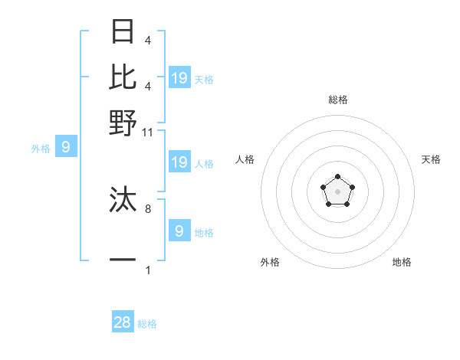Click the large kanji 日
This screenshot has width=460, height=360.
coord(123,33)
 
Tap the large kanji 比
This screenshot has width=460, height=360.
coord(123,77)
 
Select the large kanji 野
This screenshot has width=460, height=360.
coord(123,122)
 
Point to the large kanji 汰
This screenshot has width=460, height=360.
coord(123,200)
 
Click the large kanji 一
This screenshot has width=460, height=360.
coord(123,260)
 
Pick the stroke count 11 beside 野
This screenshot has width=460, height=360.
coord(148,132)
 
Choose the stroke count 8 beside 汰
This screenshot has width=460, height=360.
coord(148,208)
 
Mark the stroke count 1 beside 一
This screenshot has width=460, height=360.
coord(148,269)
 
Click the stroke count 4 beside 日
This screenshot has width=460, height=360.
coord(148,40)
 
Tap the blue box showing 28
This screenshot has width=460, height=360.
coord(123,322)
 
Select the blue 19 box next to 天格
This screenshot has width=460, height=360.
coord(179,77)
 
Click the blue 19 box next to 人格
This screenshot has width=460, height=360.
coord(179,162)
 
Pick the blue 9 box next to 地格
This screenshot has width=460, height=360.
coord(179,231)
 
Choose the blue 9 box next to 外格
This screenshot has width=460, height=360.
coord(65,146)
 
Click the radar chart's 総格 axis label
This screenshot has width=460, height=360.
coord(338,100)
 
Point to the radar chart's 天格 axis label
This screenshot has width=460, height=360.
coord(431,159)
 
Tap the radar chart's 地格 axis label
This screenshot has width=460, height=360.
coord(402,262)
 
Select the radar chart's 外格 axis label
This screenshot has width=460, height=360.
coord(270,262)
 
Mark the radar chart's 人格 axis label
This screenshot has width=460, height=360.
coord(245,159)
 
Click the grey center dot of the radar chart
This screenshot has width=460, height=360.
coord(337,191)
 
